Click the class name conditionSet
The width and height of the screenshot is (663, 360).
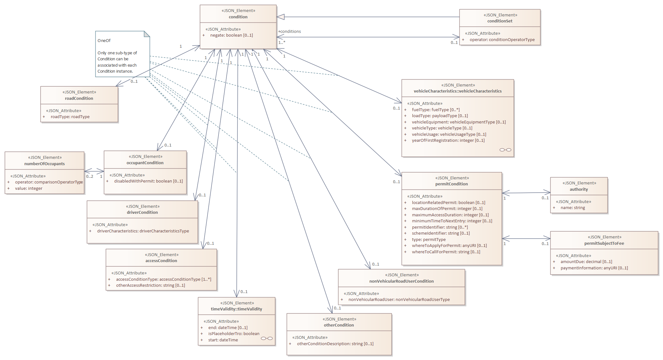pos(500,21)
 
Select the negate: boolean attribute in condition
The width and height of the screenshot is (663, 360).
pos(231,35)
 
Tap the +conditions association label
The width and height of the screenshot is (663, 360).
pos(290,32)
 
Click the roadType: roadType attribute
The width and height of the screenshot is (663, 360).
pos(70,117)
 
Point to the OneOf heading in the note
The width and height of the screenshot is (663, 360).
pos(104,41)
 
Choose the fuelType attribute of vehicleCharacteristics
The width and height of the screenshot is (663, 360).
pos(435,110)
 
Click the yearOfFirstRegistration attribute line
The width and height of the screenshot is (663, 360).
pos(448,141)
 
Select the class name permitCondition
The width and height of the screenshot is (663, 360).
pos(451,184)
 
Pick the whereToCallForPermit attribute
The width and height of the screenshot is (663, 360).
pos(446,252)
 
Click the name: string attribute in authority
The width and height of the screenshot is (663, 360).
pos(573,208)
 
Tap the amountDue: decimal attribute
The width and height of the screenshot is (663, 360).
pos(586,262)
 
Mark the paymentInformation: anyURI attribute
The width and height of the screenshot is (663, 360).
pos(594,268)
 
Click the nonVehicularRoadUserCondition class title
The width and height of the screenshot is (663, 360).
pos(401,281)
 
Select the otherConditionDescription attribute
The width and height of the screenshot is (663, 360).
pos(335,344)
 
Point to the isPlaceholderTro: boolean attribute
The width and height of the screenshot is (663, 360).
pos(234,334)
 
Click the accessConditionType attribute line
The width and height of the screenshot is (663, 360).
pos(164,279)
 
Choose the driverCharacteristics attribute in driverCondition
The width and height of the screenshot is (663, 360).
pos(143,231)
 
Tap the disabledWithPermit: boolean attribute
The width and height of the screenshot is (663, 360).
pos(148,181)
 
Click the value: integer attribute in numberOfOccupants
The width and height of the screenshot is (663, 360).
pos(29,189)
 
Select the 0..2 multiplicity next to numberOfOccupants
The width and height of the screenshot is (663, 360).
pos(90,177)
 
